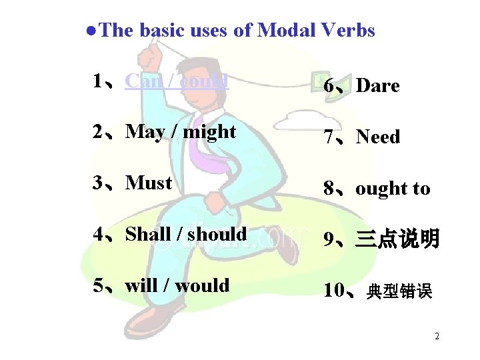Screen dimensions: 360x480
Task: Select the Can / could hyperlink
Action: point(177,81)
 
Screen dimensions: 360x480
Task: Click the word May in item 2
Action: point(145,132)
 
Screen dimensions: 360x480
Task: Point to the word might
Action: point(209,132)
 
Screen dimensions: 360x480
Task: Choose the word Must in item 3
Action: point(149,183)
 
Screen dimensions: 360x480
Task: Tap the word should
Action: point(217,234)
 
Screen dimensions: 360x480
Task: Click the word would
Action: point(202,285)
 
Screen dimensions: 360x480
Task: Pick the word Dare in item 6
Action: point(377,86)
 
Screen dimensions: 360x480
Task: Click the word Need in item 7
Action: point(378,137)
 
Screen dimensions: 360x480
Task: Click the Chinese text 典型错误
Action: point(400,291)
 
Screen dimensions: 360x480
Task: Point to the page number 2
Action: point(437,336)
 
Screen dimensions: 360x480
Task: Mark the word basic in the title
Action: point(164,30)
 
